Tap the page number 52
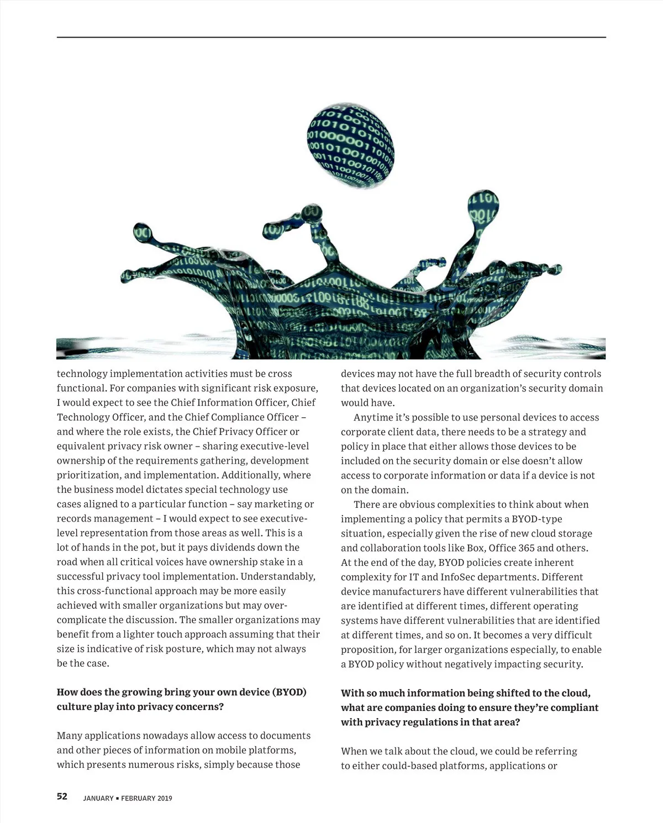click(x=62, y=797)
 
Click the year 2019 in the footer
click(x=165, y=798)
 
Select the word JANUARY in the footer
click(x=98, y=798)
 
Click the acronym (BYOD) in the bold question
click(x=290, y=692)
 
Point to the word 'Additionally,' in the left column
click(x=283, y=475)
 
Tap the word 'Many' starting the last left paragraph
click(x=70, y=736)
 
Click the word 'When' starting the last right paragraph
click(x=354, y=751)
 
